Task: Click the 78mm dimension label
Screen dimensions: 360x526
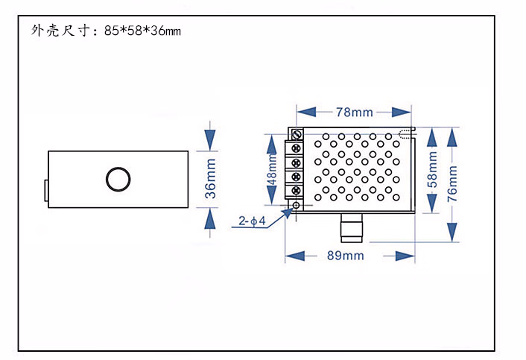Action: pyautogui.click(x=354, y=113)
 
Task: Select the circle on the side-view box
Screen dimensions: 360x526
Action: pyautogui.click(x=118, y=180)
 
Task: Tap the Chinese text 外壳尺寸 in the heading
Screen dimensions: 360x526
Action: pyautogui.click(x=60, y=31)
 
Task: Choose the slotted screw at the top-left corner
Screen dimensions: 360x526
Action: pyautogui.click(x=296, y=134)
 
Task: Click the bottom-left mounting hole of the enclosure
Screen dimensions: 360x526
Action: pyautogui.click(x=297, y=205)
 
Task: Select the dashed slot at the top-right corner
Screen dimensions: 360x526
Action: pyautogui.click(x=405, y=134)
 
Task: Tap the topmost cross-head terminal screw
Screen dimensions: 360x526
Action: pyautogui.click(x=297, y=148)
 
